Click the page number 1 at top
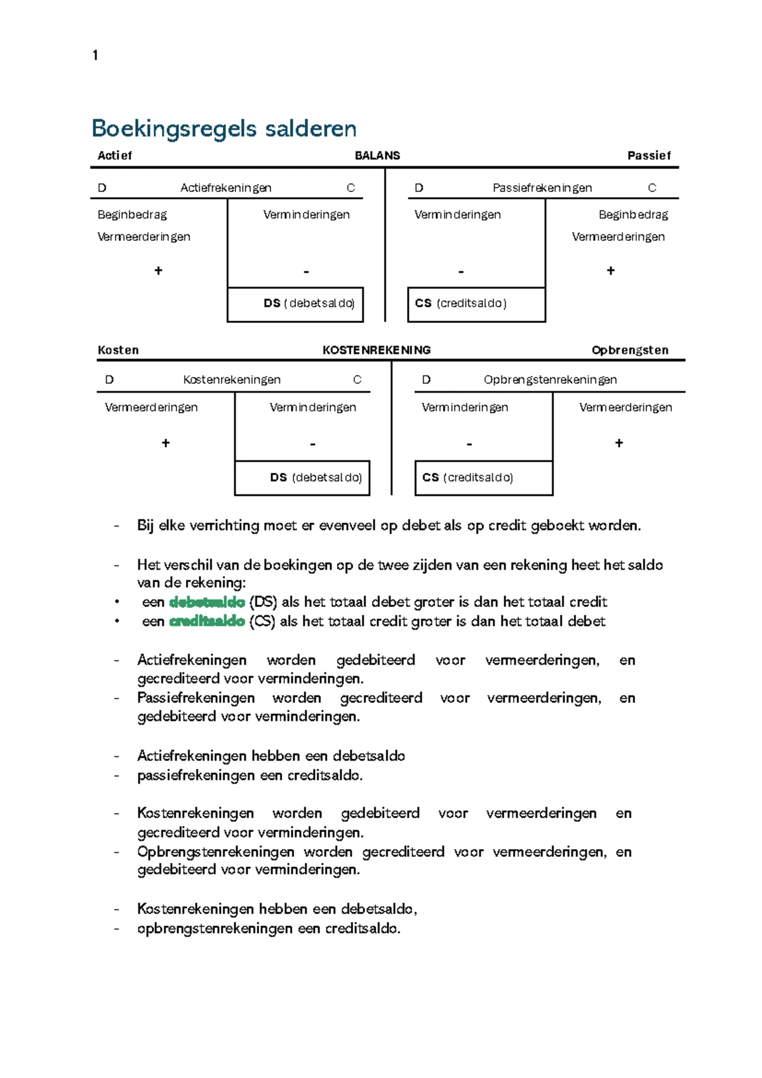(95, 55)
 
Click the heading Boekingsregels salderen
(224, 128)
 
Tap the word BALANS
(377, 156)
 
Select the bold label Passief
(648, 156)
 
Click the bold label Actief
(115, 156)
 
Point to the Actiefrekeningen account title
(225, 188)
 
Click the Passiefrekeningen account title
(542, 188)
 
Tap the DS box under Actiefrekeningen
(295, 304)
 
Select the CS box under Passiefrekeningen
(476, 304)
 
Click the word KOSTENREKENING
(377, 350)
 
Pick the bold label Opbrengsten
(629, 350)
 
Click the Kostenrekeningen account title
(232, 380)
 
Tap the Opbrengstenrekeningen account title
(550, 380)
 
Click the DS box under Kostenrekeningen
(302, 478)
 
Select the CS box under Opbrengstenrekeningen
(483, 478)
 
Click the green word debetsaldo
(207, 602)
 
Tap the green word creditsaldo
(207, 622)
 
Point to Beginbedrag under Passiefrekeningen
(633, 215)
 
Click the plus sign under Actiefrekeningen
(158, 271)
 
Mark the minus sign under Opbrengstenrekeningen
(469, 444)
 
